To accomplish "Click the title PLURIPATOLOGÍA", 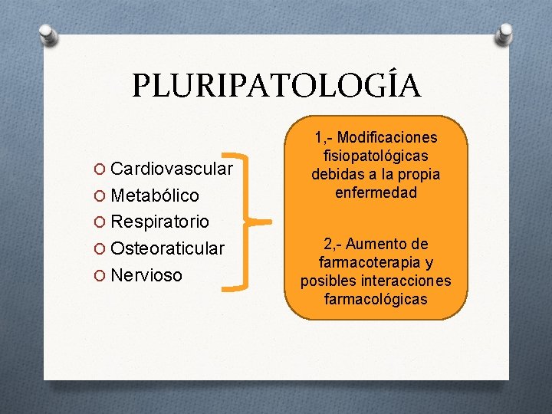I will [276, 85].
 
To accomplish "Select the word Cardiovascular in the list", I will [172, 168].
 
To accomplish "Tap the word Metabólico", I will [155, 195].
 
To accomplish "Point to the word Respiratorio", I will [159, 222].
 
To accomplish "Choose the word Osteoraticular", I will [168, 248].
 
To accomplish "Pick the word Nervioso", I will [147, 274].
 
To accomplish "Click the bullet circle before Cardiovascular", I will [103, 169].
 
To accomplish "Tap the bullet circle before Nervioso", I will [103, 275].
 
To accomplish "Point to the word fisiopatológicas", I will [376, 156].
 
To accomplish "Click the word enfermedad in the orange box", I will [376, 193].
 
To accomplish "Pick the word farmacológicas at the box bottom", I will [376, 299].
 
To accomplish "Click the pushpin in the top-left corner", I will [48, 34].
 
